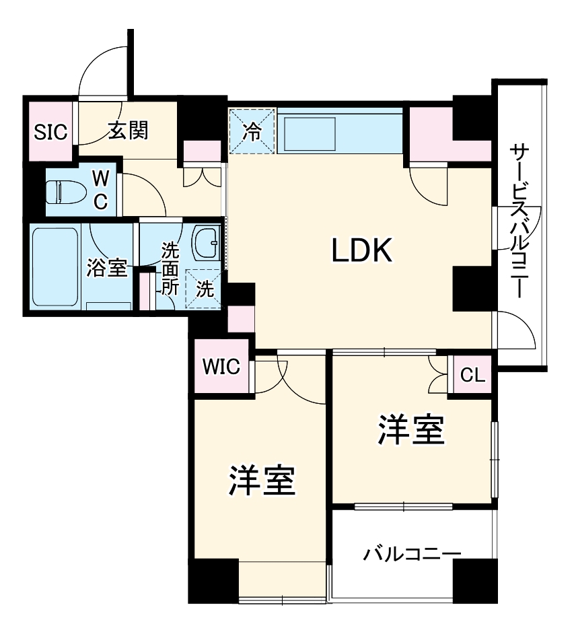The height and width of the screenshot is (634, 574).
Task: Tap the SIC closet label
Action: click(x=51, y=132)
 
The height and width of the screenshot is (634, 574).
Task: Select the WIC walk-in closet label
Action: click(x=221, y=367)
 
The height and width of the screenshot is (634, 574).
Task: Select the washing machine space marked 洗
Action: click(x=205, y=289)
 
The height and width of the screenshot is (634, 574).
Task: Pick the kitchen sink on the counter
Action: click(x=310, y=134)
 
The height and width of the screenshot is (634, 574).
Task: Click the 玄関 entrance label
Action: click(x=128, y=130)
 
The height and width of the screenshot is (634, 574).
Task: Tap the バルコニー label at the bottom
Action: click(x=412, y=555)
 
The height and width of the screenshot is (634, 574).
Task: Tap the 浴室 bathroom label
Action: click(x=106, y=267)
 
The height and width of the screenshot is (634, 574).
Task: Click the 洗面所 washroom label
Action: click(x=170, y=268)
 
